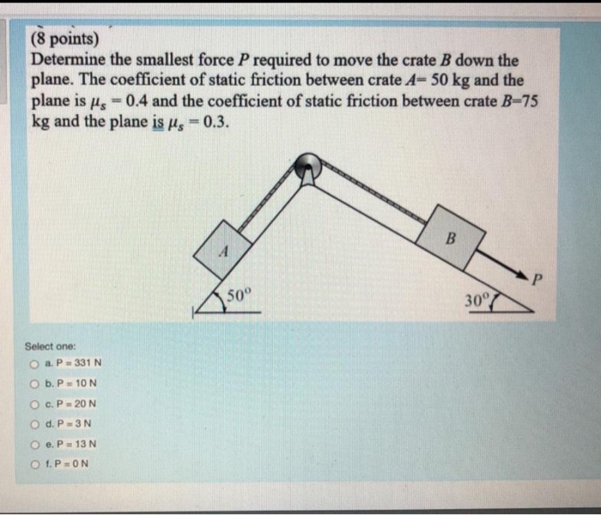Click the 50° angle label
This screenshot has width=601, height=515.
tap(240, 298)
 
